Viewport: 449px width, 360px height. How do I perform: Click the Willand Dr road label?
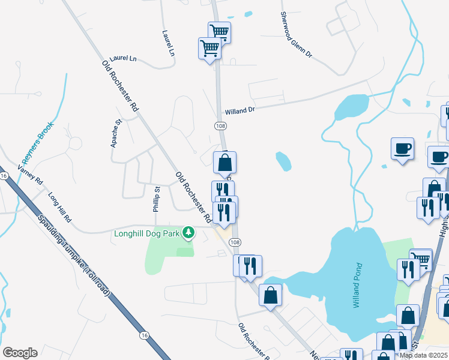pos(240,111)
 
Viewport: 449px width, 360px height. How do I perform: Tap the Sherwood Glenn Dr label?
pos(297,35)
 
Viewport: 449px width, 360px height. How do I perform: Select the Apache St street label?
pos(116,133)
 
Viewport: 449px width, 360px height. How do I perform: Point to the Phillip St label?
pos(155,199)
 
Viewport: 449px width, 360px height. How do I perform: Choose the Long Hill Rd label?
pos(59,205)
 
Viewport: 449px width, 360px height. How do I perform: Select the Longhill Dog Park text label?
pos(147,233)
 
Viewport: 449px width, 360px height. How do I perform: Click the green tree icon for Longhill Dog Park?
pos(188,232)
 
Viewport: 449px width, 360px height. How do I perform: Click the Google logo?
pos(20,353)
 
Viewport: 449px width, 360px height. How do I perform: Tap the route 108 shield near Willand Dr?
pos(221,125)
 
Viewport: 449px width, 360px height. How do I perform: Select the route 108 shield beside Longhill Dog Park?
pos(235,242)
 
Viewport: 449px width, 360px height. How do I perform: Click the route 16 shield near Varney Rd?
pos(4,175)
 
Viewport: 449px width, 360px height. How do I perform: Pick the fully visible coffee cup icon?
pos(402,148)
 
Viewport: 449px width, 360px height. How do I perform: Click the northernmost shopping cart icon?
pos(220,32)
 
